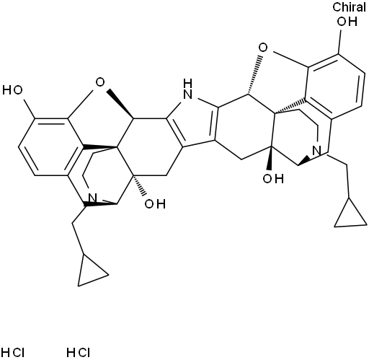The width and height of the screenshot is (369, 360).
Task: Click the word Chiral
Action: pyautogui.click(x=349, y=7)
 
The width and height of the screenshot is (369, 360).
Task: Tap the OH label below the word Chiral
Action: pyautogui.click(x=347, y=22)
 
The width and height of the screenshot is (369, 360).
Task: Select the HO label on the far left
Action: pyautogui.click(x=12, y=90)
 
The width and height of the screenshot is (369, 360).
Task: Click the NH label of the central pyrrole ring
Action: pyautogui.click(x=187, y=89)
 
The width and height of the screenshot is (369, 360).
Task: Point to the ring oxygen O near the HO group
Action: pyautogui.click(x=100, y=82)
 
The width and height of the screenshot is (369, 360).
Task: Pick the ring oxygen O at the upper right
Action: pyautogui.click(x=263, y=48)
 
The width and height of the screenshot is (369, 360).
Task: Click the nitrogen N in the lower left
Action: pyautogui.click(x=92, y=198)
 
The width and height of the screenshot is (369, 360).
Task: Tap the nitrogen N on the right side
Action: pyautogui.click(x=317, y=151)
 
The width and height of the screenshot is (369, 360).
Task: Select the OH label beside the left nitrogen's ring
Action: pyautogui.click(x=155, y=204)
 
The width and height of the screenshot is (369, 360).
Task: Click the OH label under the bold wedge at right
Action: pyautogui.click(x=273, y=179)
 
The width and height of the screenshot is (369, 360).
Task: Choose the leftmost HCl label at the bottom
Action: pyautogui.click(x=13, y=353)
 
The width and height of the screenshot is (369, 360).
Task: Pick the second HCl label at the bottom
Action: pyautogui.click(x=79, y=353)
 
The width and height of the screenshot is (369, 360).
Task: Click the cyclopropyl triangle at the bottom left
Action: pyautogui.click(x=92, y=270)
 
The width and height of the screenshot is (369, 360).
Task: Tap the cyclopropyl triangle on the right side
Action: pyautogui.click(x=351, y=212)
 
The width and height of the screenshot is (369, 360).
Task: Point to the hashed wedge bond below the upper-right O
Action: pyautogui.click(x=254, y=75)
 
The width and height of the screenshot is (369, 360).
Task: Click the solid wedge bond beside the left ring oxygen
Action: pyautogui.click(x=120, y=104)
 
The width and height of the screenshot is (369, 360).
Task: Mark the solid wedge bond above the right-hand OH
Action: pyautogui.click(x=270, y=158)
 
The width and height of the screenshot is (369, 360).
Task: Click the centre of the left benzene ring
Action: pyautogui.click(x=51, y=146)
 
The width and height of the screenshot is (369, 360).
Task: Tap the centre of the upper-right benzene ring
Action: pyautogui.click(x=335, y=87)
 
